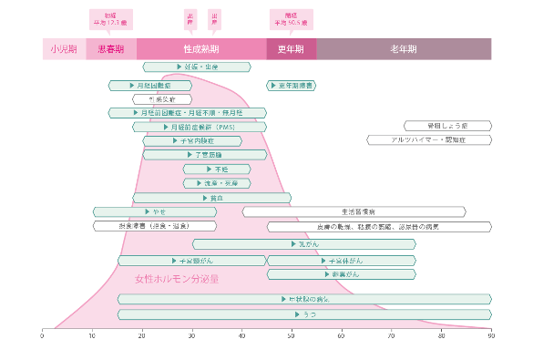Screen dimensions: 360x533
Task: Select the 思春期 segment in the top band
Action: pyautogui.click(x=111, y=49)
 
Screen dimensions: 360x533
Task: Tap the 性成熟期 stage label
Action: pyautogui.click(x=201, y=49)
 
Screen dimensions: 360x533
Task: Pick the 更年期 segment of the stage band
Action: pyautogui.click(x=291, y=49)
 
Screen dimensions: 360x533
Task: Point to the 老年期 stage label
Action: pyautogui.click(x=403, y=49)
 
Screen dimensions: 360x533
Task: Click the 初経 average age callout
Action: pyautogui.click(x=110, y=20)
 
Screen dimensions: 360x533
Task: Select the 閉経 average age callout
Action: pyautogui.click(x=291, y=20)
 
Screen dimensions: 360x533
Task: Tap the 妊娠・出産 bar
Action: pyautogui.click(x=197, y=67)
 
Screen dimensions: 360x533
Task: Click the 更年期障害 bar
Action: pyautogui.click(x=292, y=86)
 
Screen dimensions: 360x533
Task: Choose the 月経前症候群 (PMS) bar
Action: pyautogui.click(x=199, y=127)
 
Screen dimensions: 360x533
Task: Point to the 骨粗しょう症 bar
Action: pyautogui.click(x=447, y=127)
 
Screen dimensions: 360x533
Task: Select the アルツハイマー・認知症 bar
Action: pyautogui.click(x=428, y=140)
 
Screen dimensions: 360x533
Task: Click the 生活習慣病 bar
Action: pyautogui.click(x=354, y=211)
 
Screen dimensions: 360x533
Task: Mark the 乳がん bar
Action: pyautogui.click(x=303, y=244)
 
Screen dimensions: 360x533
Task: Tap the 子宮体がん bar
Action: pyautogui.click(x=341, y=261)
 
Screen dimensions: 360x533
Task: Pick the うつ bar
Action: pyautogui.click(x=303, y=314)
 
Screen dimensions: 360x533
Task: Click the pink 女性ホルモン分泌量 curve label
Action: pyautogui.click(x=176, y=279)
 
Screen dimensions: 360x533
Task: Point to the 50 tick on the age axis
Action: pyautogui.click(x=291, y=334)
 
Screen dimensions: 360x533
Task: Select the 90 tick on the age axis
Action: pyautogui.click(x=490, y=334)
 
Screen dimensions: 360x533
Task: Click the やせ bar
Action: pyautogui.click(x=154, y=211)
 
